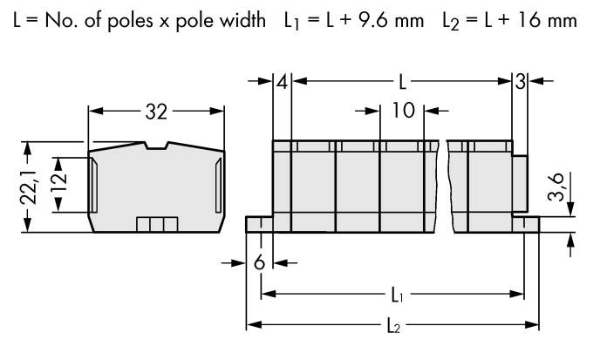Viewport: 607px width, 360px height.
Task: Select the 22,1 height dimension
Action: (28, 187)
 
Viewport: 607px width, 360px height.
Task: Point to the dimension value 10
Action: (402, 112)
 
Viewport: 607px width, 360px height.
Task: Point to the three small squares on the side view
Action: (156, 225)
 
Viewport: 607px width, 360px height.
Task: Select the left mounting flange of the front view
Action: (260, 226)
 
